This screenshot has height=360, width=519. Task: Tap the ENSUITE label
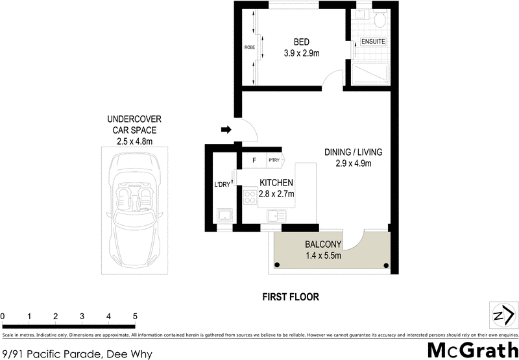(x=372, y=42)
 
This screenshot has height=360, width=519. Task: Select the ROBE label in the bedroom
(x=249, y=47)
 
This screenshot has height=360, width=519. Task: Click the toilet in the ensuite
(x=380, y=19)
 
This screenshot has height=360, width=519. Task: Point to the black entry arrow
(x=226, y=130)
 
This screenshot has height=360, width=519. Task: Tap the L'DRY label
(x=223, y=186)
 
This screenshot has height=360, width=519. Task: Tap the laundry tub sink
(x=224, y=215)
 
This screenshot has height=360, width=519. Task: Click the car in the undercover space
(x=136, y=206)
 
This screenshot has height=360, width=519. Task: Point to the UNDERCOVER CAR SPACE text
(x=134, y=129)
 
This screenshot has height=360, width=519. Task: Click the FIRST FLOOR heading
(x=290, y=297)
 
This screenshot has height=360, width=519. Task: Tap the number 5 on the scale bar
(x=135, y=316)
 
